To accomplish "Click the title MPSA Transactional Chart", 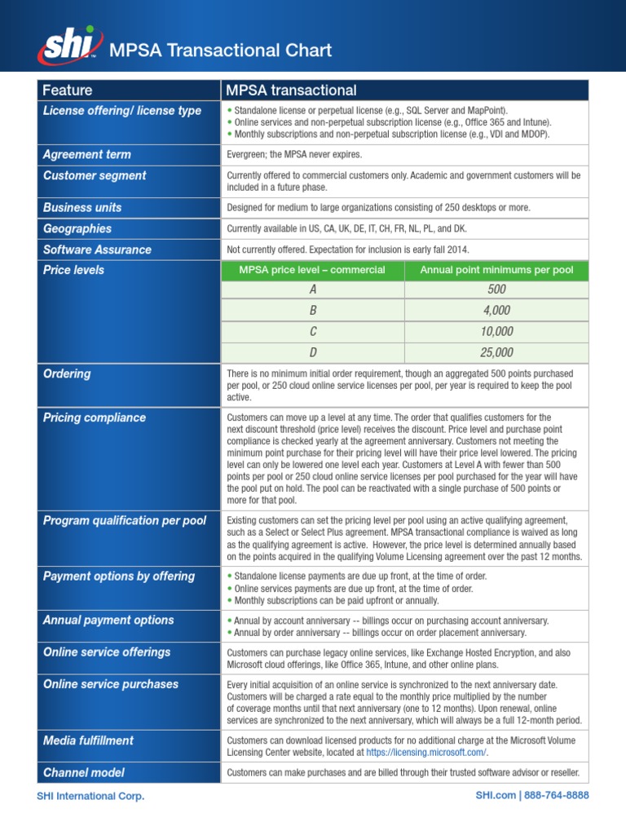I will tap(221, 51).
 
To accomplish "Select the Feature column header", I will tap(68, 91).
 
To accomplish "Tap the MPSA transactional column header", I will tap(292, 91).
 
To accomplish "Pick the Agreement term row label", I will tap(86, 155).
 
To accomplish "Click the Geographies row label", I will tap(77, 229).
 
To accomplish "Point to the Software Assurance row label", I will tap(97, 250).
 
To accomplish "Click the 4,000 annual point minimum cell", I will tap(496, 311).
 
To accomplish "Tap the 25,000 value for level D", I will tap(496, 352).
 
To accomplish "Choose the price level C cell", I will tap(312, 332).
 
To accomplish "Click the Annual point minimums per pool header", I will tap(496, 270).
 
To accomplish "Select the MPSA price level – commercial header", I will tap(312, 270).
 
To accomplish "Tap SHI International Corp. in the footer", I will tap(90, 796).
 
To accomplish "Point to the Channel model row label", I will tap(84, 772).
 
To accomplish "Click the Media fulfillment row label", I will tap(88, 740).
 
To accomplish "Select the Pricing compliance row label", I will tap(95, 417).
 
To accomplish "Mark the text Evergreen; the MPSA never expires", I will tap(293, 155).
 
